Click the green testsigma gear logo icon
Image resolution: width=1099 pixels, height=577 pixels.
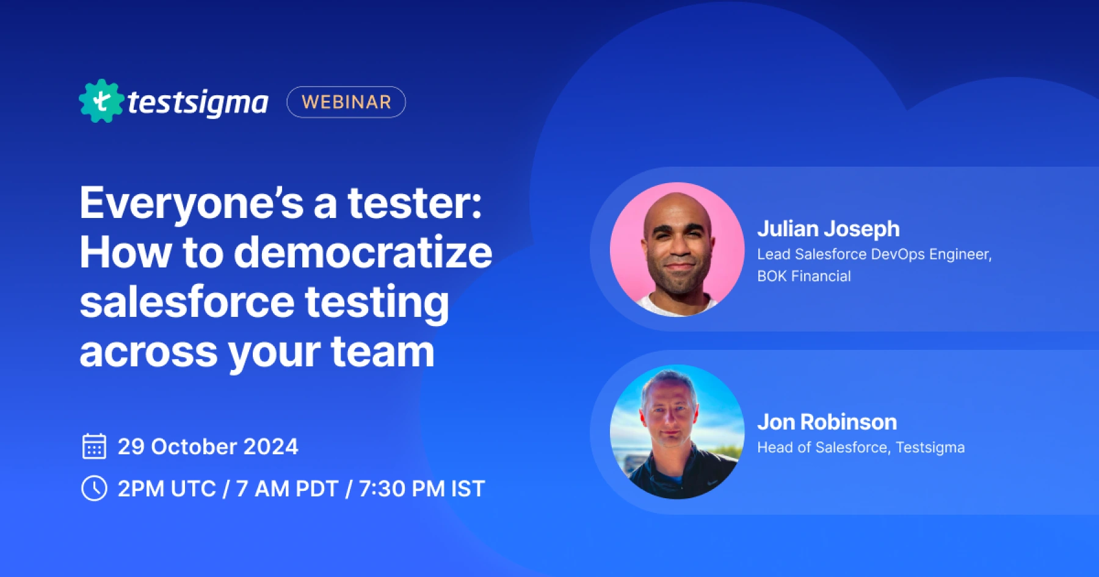pyautogui.click(x=101, y=101)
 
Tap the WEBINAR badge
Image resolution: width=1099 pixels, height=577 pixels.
pyautogui.click(x=346, y=102)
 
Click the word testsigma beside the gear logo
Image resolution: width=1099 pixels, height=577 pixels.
pyautogui.click(x=197, y=103)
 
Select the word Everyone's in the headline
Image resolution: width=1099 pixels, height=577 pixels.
pyautogui.click(x=191, y=203)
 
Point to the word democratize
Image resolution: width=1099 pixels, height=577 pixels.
pyautogui.click(x=363, y=252)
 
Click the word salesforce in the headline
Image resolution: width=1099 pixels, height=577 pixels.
pyautogui.click(x=187, y=302)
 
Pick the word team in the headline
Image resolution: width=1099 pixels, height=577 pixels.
pyautogui.click(x=382, y=352)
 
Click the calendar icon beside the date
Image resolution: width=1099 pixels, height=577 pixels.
pyautogui.click(x=94, y=446)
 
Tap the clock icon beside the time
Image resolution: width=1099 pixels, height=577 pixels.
pyautogui.click(x=94, y=488)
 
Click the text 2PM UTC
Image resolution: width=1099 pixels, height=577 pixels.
pyautogui.click(x=167, y=489)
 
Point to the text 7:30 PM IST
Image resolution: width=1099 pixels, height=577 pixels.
pyautogui.click(x=421, y=489)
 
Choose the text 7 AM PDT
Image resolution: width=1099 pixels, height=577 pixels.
pyautogui.click(x=287, y=489)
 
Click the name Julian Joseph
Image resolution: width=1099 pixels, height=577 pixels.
pyautogui.click(x=828, y=229)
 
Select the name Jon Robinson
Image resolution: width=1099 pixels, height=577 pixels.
pyautogui.click(x=827, y=422)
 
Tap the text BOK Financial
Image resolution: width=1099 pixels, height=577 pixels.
pyautogui.click(x=803, y=277)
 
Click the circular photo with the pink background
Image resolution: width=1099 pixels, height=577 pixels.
pyautogui.click(x=677, y=249)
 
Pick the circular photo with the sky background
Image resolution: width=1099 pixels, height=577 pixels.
pyautogui.click(x=677, y=432)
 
